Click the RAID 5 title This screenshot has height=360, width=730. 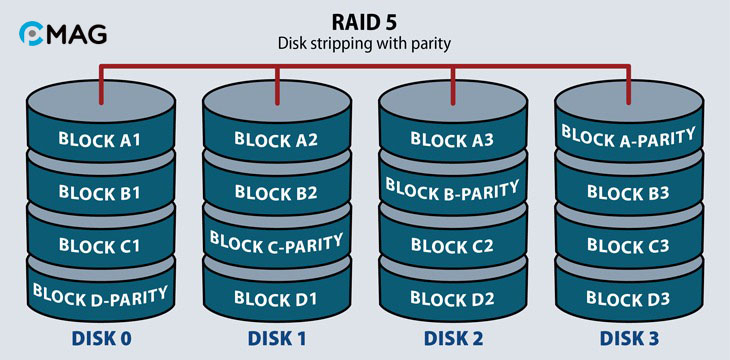point(364,22)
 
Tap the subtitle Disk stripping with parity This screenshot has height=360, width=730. point(364,44)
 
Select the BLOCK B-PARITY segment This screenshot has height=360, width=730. point(452,188)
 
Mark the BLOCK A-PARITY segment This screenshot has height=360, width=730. point(628,134)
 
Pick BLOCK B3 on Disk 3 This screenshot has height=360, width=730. point(628,191)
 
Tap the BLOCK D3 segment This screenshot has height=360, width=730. point(628,297)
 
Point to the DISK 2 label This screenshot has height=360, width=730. point(452,338)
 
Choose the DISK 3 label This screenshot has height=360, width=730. point(628,338)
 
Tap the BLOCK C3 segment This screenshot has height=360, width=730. point(628,245)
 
